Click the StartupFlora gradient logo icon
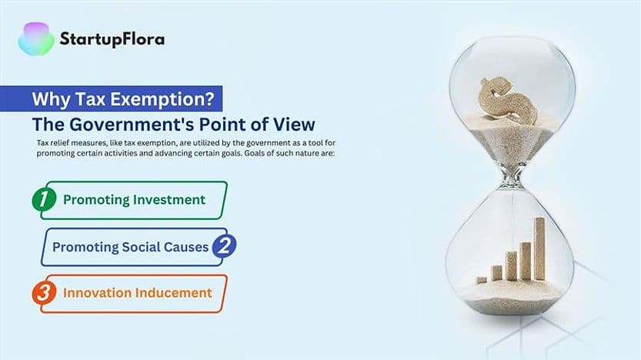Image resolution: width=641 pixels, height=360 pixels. pyautogui.click(x=35, y=38)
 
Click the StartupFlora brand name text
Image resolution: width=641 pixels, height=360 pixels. pyautogui.click(x=112, y=39)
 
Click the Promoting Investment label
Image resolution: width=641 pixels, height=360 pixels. pyautogui.click(x=134, y=200)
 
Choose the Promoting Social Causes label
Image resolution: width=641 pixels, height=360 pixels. pyautogui.click(x=130, y=247)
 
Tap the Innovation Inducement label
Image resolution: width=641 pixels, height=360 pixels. pyautogui.click(x=137, y=293)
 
